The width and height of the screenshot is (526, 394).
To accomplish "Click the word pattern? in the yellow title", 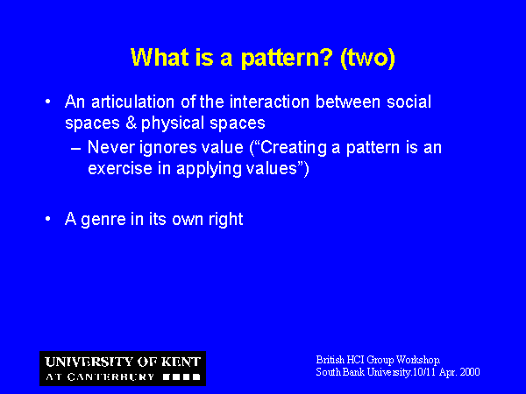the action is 287,58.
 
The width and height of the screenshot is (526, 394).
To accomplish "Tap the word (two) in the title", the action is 367,58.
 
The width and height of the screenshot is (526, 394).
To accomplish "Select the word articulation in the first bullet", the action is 133,102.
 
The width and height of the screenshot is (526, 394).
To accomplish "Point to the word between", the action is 348,102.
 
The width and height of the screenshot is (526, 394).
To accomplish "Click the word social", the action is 409,102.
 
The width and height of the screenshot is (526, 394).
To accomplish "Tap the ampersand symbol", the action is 131,123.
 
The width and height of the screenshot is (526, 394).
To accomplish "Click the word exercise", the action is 120,168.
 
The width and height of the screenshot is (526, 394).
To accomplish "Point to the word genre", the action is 103,220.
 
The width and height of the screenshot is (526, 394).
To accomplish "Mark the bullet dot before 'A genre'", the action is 48,219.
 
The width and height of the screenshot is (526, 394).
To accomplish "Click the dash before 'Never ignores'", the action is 75,149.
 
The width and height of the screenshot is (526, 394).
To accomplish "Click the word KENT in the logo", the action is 181,362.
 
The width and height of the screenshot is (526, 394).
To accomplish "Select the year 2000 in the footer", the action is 470,372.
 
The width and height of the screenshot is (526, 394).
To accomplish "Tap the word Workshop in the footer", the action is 418,360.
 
